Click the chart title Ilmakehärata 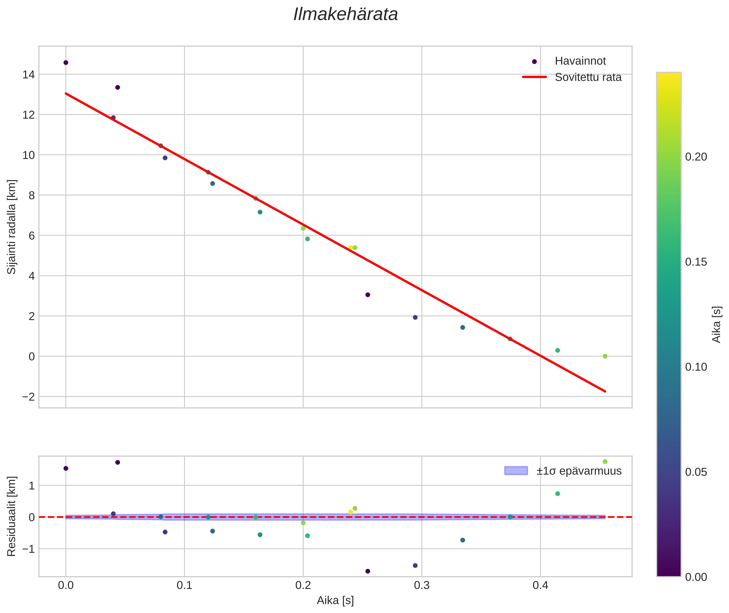[345, 14]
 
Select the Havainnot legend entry [580, 61]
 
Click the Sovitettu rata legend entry [588, 77]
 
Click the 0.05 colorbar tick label [696, 472]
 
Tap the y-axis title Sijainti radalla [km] [11, 227]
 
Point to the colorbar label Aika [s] [717, 324]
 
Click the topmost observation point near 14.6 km [66, 63]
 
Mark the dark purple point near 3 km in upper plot [368, 295]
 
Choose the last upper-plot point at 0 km [605, 356]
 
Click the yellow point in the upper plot [350, 248]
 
